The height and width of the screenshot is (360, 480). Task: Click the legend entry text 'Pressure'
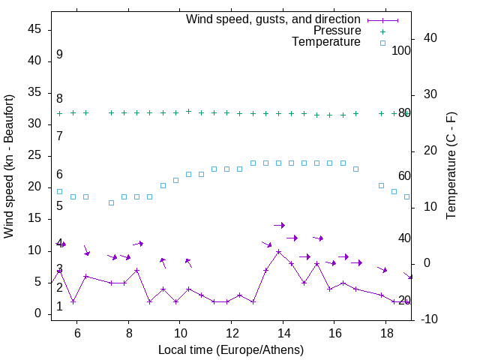pos(337,31)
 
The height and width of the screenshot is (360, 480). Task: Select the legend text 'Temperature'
pos(326,43)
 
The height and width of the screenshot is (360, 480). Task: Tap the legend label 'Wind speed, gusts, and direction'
pos(274,19)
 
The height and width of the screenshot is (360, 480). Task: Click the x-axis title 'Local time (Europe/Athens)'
pos(231,349)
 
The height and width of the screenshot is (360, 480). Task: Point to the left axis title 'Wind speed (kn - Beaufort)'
pos(9,166)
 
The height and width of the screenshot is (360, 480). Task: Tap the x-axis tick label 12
pos(231,334)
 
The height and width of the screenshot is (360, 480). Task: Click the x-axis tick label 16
pos(334,334)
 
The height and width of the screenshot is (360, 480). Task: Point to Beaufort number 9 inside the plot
pos(59,55)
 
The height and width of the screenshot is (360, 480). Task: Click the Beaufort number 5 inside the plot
pos(59,205)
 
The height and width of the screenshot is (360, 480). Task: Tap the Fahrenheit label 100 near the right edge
pos(402,51)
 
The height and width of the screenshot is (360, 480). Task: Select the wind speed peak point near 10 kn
pos(278,252)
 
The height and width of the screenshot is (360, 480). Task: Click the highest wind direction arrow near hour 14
pos(279,225)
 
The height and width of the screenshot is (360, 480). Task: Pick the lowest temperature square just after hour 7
pos(111,202)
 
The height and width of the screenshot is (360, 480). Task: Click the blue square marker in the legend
pos(382,43)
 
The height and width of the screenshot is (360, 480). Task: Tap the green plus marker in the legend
pos(382,31)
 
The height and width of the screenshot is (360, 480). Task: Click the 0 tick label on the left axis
pos(37,313)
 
